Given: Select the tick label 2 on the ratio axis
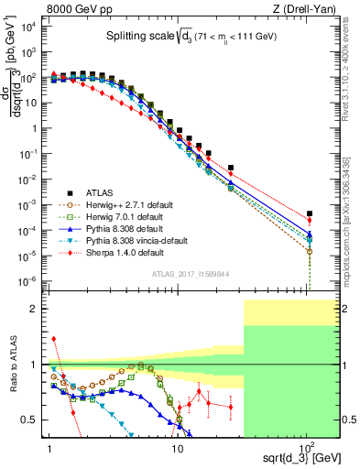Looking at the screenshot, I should pyautogui.click(x=35, y=309).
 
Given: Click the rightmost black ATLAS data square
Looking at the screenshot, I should pyautogui.click(x=310, y=213).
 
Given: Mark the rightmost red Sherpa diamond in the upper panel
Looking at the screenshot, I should pyautogui.click(x=310, y=220).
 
